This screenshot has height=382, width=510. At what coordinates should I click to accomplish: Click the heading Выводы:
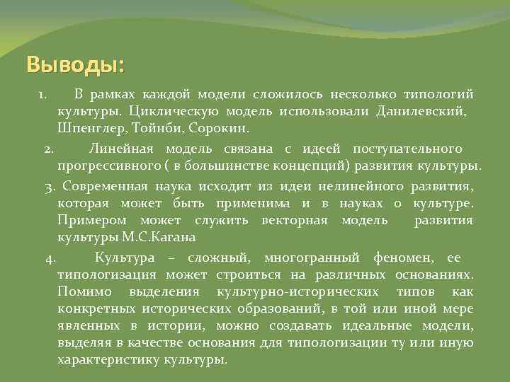point(74,65)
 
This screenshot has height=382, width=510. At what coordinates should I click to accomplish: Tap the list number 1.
point(42,94)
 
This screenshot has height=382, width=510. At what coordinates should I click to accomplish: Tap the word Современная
point(105,186)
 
